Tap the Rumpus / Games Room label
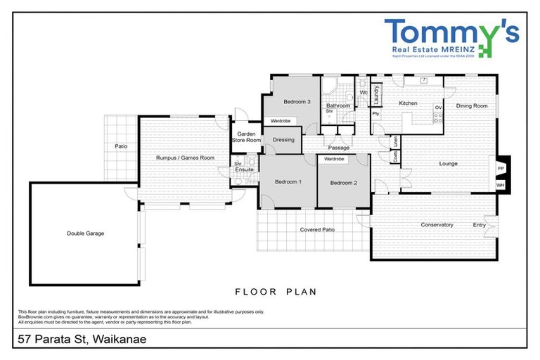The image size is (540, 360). click(x=185, y=158)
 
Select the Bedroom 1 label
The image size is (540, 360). click(x=288, y=182)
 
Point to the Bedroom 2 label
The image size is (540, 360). click(x=344, y=183)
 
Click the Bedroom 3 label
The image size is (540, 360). click(x=297, y=102)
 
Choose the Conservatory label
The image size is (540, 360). click(x=437, y=225)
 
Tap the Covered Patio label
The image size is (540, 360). click(x=317, y=230)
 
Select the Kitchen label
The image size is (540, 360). click(x=409, y=103)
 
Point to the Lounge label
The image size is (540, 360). click(x=448, y=164)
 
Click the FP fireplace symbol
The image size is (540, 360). click(x=501, y=169)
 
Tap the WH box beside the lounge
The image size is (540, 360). click(x=501, y=185)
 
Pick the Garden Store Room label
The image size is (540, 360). click(x=247, y=136)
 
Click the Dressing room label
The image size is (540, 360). click(x=283, y=139)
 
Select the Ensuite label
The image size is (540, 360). click(x=245, y=169)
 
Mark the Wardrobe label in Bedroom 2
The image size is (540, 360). click(x=334, y=159)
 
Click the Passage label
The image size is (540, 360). click(x=338, y=148)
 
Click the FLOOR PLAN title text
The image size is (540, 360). click(x=275, y=291)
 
